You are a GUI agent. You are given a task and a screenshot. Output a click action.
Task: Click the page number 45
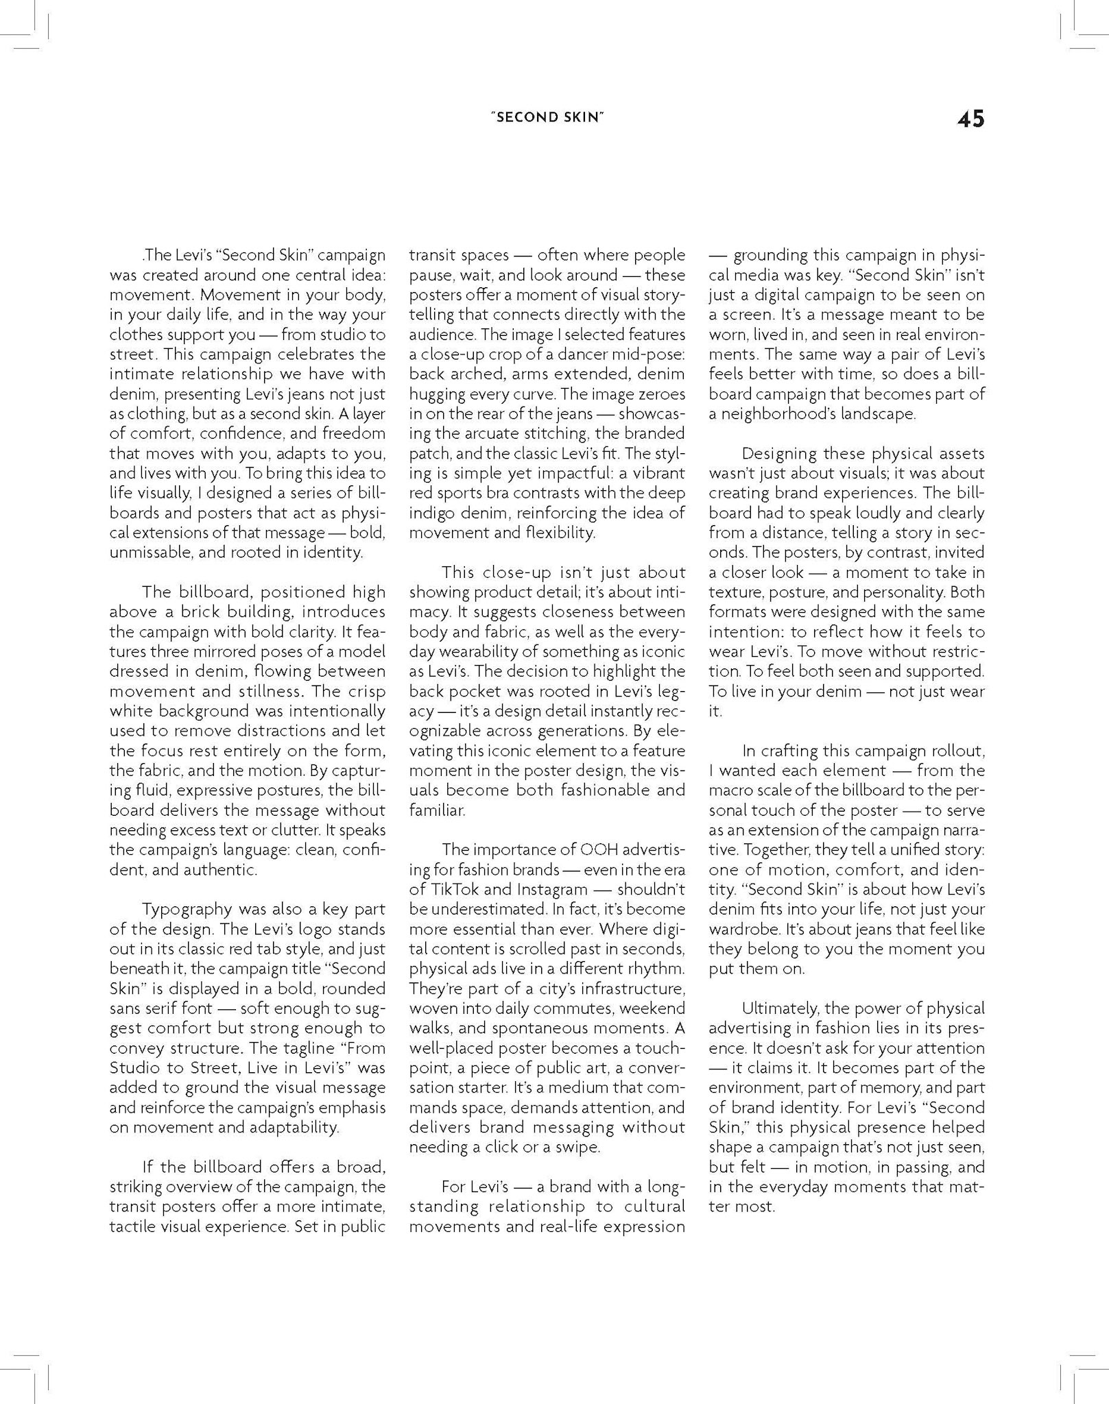click(x=970, y=119)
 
